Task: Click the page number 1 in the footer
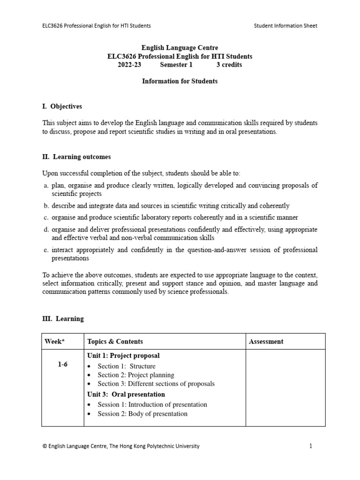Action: click(x=310, y=446)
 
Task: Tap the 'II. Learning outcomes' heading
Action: click(x=76, y=157)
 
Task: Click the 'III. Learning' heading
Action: click(x=63, y=319)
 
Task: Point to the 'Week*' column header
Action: click(x=54, y=342)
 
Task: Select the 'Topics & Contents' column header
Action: click(x=115, y=342)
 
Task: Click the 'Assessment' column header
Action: click(x=266, y=342)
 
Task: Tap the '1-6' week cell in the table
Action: click(x=62, y=365)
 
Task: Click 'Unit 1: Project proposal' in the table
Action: click(x=123, y=356)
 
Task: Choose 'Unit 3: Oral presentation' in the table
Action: click(x=126, y=394)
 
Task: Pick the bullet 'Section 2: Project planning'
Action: click(x=135, y=375)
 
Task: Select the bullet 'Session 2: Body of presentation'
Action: click(x=142, y=414)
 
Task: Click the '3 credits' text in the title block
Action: click(x=229, y=65)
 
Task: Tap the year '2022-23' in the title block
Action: click(x=129, y=65)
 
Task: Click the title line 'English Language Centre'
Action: click(x=180, y=48)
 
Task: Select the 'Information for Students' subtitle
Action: click(x=180, y=81)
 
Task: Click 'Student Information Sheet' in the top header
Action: click(x=285, y=26)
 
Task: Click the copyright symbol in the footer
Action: click(x=45, y=446)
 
